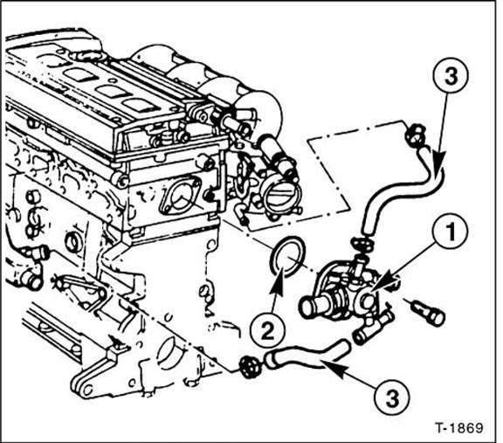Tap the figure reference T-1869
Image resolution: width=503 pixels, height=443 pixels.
(x=459, y=429)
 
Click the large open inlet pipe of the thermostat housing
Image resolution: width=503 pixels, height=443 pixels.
(x=310, y=307)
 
